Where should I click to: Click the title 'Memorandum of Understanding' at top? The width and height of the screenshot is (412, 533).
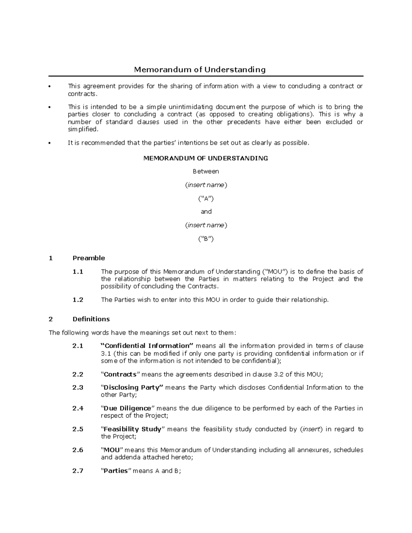tap(200, 70)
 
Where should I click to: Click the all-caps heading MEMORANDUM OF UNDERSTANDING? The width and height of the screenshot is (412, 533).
tap(205, 158)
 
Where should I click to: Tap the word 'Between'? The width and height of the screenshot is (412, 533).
tap(206, 171)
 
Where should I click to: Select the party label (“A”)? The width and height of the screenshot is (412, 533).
tap(206, 198)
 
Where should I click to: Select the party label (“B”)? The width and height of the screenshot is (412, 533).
tap(206, 239)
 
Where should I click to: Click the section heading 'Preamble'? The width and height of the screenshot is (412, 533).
tap(89, 258)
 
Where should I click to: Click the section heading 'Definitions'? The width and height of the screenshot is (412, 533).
tap(91, 319)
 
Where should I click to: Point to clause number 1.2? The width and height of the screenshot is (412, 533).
tap(78, 300)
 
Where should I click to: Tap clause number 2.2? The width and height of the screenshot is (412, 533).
tap(78, 374)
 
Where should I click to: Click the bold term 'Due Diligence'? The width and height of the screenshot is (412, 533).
tap(127, 408)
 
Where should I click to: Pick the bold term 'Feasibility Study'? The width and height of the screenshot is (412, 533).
tap(132, 429)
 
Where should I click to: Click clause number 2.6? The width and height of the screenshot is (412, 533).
tap(78, 450)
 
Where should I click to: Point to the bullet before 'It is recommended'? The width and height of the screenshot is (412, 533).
tap(50, 143)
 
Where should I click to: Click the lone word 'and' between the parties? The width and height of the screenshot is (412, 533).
tap(206, 212)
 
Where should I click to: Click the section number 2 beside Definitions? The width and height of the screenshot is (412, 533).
tap(51, 319)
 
